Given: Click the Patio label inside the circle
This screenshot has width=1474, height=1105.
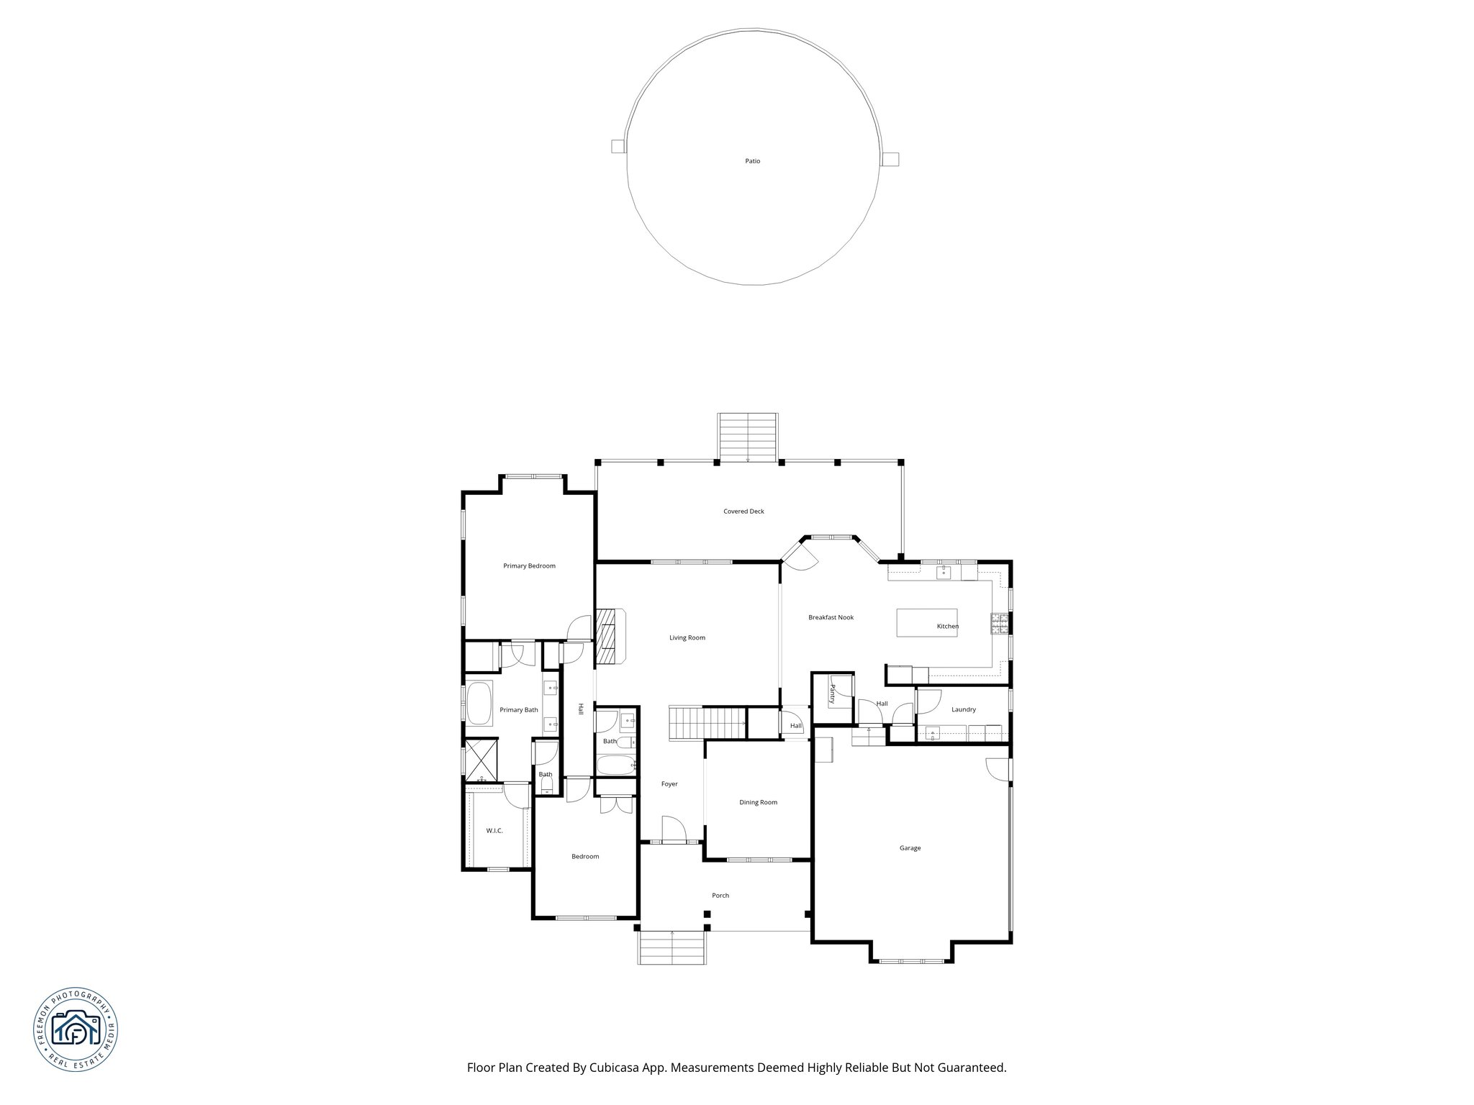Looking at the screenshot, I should (x=752, y=161).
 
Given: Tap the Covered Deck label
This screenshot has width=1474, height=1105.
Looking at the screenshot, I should (x=743, y=511).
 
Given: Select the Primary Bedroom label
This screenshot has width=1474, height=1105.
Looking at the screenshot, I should (x=529, y=566).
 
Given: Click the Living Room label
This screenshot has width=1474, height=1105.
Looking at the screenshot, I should (x=687, y=637).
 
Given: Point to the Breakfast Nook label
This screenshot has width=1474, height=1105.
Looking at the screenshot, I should (x=831, y=617).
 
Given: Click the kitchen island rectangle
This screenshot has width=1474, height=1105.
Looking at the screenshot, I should (x=915, y=622).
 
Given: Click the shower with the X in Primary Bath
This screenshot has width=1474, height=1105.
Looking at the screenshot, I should (x=479, y=760).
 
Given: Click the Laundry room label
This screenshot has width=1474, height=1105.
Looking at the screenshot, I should (x=963, y=709).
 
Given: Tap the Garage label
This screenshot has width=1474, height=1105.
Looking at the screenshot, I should (x=910, y=848).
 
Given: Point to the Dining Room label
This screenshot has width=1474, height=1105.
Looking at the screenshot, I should (x=758, y=802).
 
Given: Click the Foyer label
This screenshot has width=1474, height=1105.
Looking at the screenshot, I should (x=669, y=784).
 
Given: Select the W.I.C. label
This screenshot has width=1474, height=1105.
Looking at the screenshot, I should (x=494, y=831).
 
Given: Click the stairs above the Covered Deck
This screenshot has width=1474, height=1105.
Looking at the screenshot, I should (x=748, y=437).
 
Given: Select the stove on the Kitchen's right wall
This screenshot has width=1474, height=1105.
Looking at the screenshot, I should (x=1000, y=623).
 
